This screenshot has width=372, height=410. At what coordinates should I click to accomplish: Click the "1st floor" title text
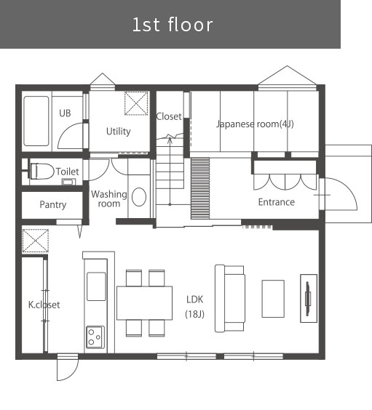click(x=173, y=25)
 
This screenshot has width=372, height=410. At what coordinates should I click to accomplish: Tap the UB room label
click(x=65, y=113)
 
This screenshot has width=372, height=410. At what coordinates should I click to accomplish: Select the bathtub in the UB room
click(x=36, y=121)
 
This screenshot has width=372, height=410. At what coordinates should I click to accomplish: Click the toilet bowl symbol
click(x=42, y=172)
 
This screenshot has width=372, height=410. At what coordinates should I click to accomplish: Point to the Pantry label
click(x=53, y=205)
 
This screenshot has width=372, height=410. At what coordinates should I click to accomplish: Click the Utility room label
click(x=119, y=132)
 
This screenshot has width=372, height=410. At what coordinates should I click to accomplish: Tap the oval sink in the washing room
click(x=139, y=197)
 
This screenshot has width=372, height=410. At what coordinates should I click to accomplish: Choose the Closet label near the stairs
click(x=169, y=116)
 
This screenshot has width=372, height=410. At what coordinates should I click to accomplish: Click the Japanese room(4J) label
click(x=255, y=124)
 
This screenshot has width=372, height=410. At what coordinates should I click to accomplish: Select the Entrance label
click(x=277, y=202)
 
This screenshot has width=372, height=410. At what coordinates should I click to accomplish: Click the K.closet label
click(x=44, y=305)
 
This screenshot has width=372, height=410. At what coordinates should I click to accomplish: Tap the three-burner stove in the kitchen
click(x=95, y=337)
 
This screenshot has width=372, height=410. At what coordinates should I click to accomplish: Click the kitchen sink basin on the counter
click(x=96, y=286)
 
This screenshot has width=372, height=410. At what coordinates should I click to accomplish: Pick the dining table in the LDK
click(x=145, y=303)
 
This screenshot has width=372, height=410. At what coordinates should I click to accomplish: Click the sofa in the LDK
click(x=230, y=298)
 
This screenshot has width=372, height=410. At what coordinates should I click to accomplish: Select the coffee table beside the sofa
click(x=273, y=299)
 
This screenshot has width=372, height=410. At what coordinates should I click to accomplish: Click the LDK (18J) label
click(x=194, y=307)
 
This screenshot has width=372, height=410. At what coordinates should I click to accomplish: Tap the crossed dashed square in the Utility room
click(x=136, y=103)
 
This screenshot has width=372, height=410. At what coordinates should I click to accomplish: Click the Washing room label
click(x=109, y=199)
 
